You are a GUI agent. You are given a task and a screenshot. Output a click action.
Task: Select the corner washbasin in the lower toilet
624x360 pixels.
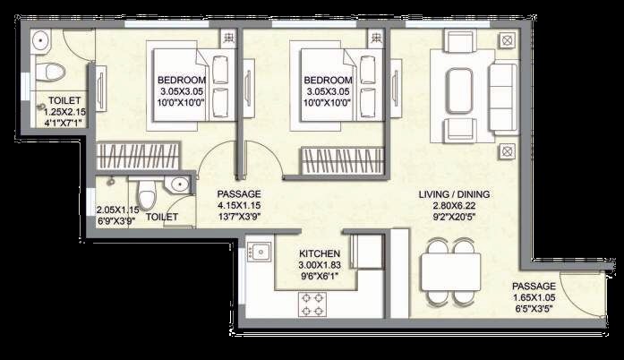click(x=180, y=185)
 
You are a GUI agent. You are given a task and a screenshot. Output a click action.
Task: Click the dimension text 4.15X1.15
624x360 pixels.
click(x=239, y=206)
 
